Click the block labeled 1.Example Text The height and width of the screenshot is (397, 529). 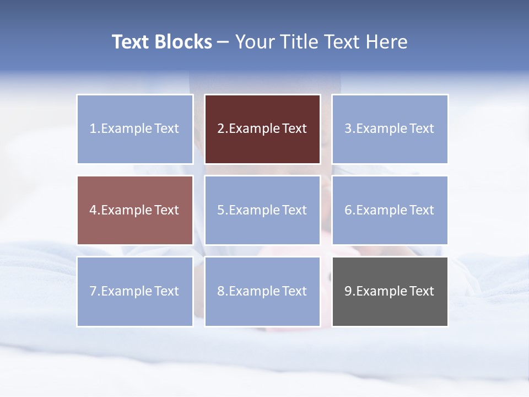(135, 129)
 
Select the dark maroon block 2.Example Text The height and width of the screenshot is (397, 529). (262, 129)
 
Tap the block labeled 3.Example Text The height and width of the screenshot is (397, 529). (390, 129)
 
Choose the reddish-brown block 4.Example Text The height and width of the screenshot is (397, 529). (135, 210)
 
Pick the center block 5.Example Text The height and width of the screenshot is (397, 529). (262, 210)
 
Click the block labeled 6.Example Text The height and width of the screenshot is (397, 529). (390, 210)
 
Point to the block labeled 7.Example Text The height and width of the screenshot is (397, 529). (135, 291)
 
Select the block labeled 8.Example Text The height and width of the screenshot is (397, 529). (262, 291)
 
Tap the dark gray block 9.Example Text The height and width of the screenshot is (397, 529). (390, 291)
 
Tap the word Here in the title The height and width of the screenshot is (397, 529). (386, 42)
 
